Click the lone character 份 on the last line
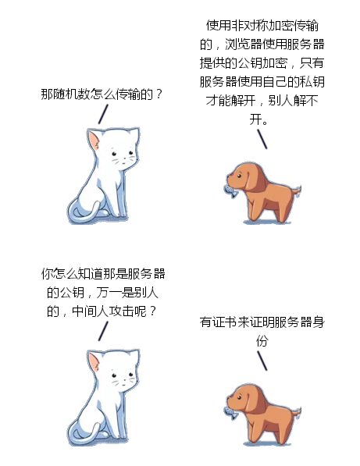point(262,341)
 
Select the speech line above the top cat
point(102,113)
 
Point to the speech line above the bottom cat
point(102,330)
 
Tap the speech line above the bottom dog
point(264,360)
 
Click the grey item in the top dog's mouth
point(227,190)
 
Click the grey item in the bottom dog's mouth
point(227,410)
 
